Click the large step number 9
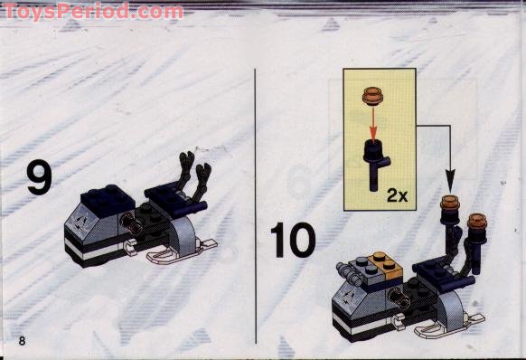click(x=39, y=177)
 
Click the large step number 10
click(x=293, y=241)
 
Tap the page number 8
click(x=21, y=339)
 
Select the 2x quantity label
click(x=397, y=194)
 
